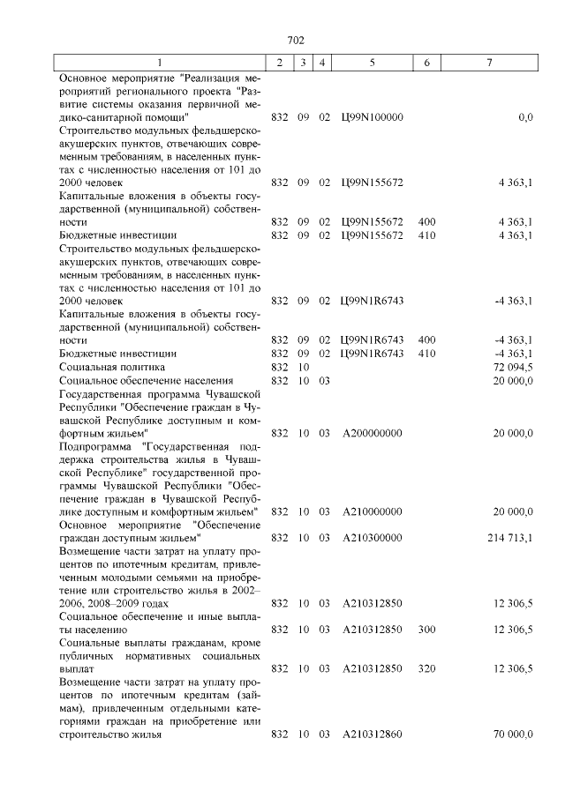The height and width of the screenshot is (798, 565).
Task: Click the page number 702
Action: coord(296,40)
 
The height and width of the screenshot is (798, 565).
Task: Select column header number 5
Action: coord(372,63)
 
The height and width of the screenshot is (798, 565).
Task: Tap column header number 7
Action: coord(490,63)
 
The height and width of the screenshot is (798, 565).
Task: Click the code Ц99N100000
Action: coord(372,116)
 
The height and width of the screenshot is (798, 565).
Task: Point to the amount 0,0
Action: coord(525,116)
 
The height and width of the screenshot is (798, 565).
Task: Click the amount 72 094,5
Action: coord(515,366)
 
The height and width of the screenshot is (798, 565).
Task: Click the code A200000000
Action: coord(372,433)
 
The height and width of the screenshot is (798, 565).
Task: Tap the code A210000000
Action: coord(372,511)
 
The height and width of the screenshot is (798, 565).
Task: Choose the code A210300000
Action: coord(372,537)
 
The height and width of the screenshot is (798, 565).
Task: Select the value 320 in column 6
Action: coord(426,668)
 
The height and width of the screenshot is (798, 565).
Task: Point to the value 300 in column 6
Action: coord(426,629)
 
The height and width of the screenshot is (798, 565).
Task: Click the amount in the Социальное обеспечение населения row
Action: coord(515,379)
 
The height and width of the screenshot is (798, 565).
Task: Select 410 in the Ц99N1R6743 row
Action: coord(426,353)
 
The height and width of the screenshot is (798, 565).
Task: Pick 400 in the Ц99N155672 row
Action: coord(426,222)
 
